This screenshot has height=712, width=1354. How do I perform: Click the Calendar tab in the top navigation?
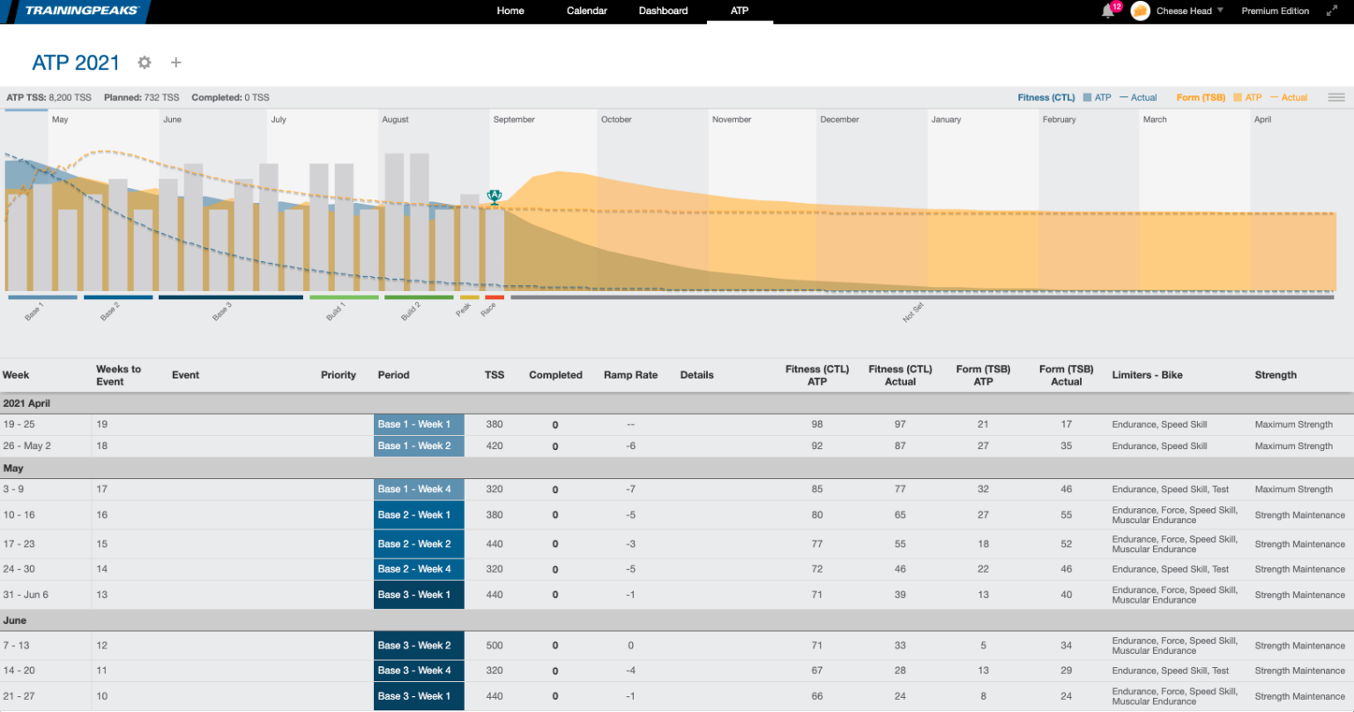pyautogui.click(x=586, y=11)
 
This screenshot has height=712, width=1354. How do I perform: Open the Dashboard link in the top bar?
pyautogui.click(x=663, y=11)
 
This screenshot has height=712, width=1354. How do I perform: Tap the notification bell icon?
pyautogui.click(x=1108, y=11)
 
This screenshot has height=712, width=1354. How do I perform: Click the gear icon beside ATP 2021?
pyautogui.click(x=145, y=63)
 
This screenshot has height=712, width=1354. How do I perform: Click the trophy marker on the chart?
pyautogui.click(x=494, y=196)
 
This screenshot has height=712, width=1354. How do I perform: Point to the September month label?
pyautogui.click(x=514, y=120)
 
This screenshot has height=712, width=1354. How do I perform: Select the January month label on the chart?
pyautogui.click(x=946, y=120)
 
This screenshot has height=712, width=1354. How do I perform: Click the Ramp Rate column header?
pyautogui.click(x=630, y=375)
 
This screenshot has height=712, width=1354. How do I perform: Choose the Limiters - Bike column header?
pyautogui.click(x=1147, y=375)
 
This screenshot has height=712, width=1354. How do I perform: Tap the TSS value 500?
pyautogui.click(x=495, y=646)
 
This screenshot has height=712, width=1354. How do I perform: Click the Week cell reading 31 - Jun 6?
pyautogui.click(x=26, y=595)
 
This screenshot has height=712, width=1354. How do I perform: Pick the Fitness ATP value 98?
pyautogui.click(x=817, y=424)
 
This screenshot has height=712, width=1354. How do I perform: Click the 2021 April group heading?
pyautogui.click(x=26, y=403)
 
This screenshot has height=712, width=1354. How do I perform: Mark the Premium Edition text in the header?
pyautogui.click(x=1275, y=11)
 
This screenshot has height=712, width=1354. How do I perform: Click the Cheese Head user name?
pyautogui.click(x=1184, y=11)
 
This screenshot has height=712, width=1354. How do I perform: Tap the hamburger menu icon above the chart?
pyautogui.click(x=1336, y=98)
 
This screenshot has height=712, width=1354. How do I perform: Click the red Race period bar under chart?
pyautogui.click(x=495, y=297)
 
